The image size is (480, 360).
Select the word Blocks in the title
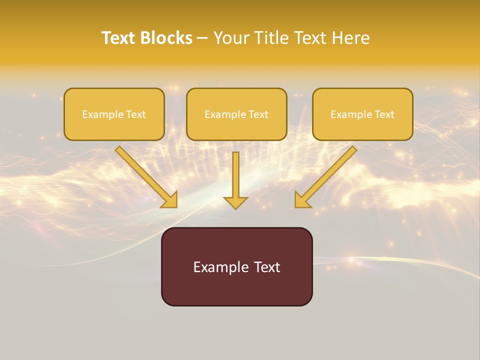[x=165, y=38]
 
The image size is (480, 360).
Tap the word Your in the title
[x=231, y=38]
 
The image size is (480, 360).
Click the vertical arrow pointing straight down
[x=235, y=180]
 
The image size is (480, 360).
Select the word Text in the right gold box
[x=384, y=114]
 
